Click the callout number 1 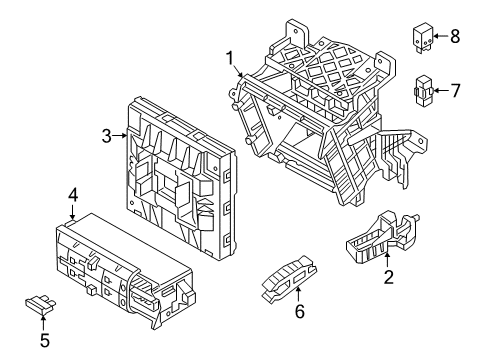[230, 59]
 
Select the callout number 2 [388, 277]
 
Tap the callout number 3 [106, 136]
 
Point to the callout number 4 [73, 195]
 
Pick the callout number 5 [45, 340]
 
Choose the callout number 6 [300, 311]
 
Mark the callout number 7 [455, 91]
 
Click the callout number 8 [455, 36]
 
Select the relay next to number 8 [423, 37]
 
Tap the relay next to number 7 [424, 91]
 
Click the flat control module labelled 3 [181, 178]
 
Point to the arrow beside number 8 [441, 36]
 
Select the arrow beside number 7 [441, 91]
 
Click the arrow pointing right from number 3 [119, 135]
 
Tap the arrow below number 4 [73, 212]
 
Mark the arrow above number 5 [43, 321]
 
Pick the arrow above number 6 [298, 293]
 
